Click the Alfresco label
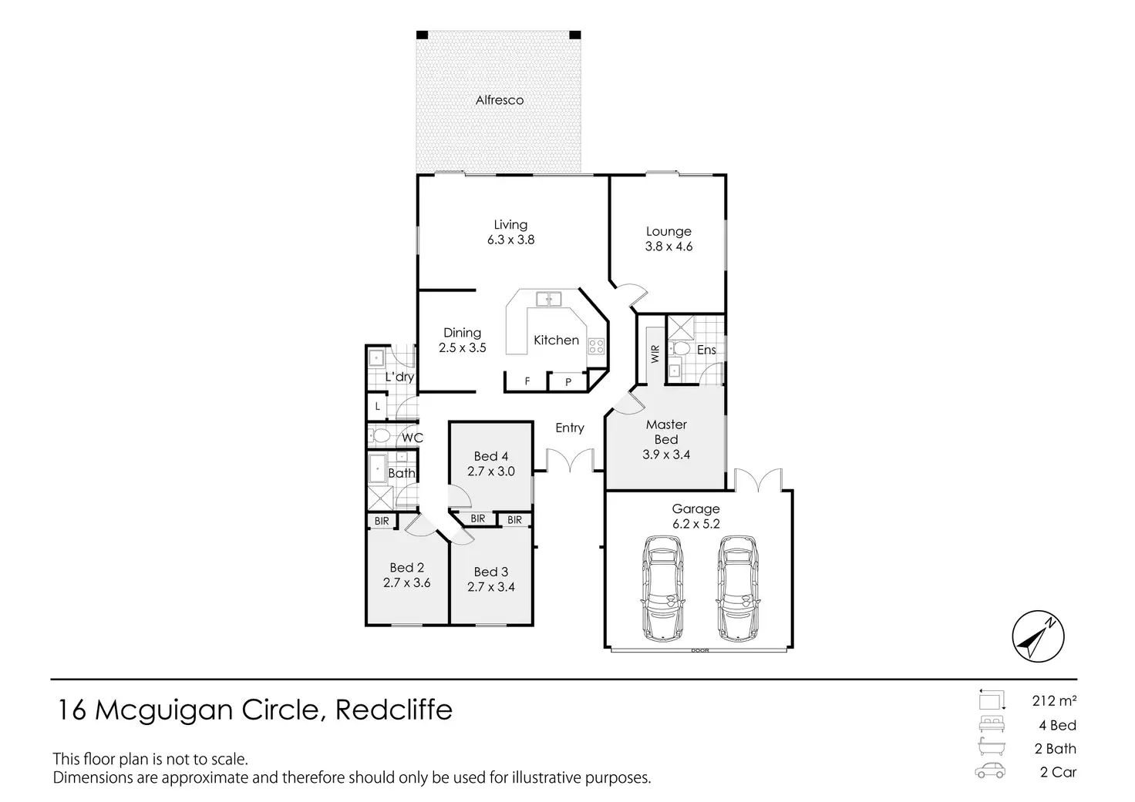(499, 100)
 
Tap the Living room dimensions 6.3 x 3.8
(510, 240)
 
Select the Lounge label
(669, 232)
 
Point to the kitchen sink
(548, 299)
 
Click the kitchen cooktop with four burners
(596, 347)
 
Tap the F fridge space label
(527, 381)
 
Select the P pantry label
(568, 382)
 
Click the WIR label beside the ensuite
(655, 354)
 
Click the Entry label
(570, 428)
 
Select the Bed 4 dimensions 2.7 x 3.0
(491, 471)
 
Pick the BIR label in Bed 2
(382, 521)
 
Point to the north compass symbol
(1038, 636)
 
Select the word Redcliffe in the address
(394, 710)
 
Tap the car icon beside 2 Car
(989, 770)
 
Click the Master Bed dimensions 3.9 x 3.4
(666, 455)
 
